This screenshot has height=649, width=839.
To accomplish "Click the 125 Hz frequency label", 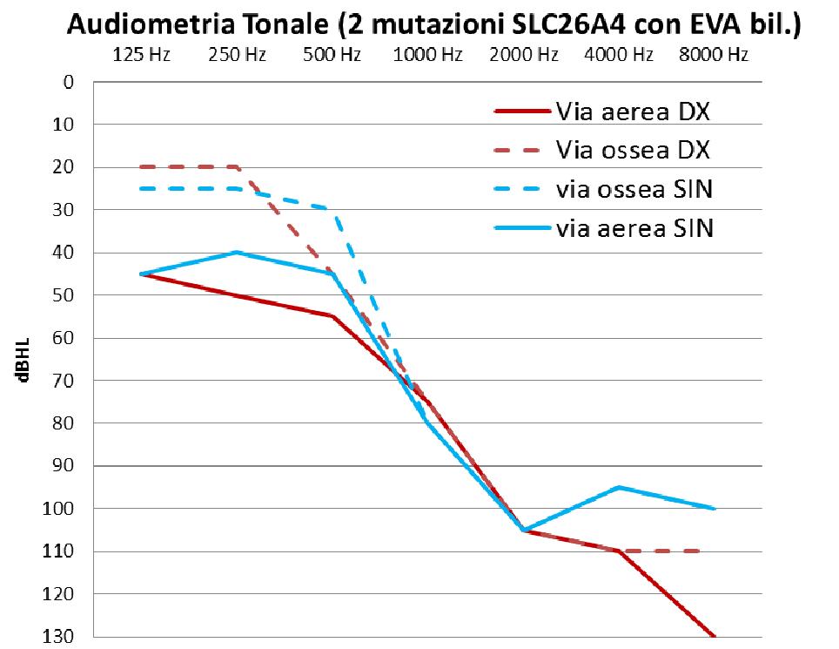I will tap(141, 56).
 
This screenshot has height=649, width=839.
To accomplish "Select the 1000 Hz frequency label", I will tap(427, 56).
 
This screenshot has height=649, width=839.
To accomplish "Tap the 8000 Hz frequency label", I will tap(714, 56).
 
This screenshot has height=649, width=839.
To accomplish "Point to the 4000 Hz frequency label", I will tap(618, 56).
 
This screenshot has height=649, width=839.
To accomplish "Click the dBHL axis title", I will tap(23, 359).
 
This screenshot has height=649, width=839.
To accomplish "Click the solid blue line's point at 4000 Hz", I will tap(619, 487).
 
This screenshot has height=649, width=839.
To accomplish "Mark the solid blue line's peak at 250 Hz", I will tap(237, 253).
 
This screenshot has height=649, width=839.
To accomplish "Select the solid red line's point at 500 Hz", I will tap(332, 316).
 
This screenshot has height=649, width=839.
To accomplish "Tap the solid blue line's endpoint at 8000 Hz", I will tap(715, 509).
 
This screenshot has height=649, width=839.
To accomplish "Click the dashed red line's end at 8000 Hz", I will tap(701, 551).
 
